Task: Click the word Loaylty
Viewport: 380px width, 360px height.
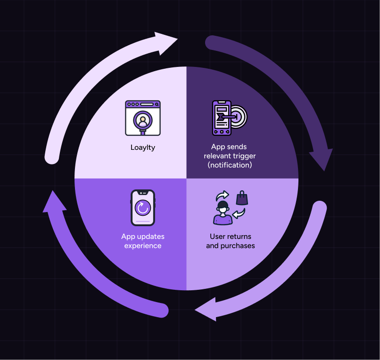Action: pos(143,147)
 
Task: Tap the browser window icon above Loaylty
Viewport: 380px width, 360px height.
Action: pos(143,118)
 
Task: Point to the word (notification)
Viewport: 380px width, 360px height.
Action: pos(230,165)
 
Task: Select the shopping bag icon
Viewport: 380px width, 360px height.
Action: pos(242,198)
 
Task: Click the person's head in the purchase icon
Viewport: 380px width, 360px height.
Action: pos(223,206)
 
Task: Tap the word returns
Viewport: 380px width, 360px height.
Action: pos(240,237)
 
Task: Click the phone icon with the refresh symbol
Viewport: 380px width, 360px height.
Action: pos(143,208)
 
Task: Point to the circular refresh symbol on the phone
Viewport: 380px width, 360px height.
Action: pos(142,208)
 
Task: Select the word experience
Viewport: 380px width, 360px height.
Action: pos(143,245)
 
